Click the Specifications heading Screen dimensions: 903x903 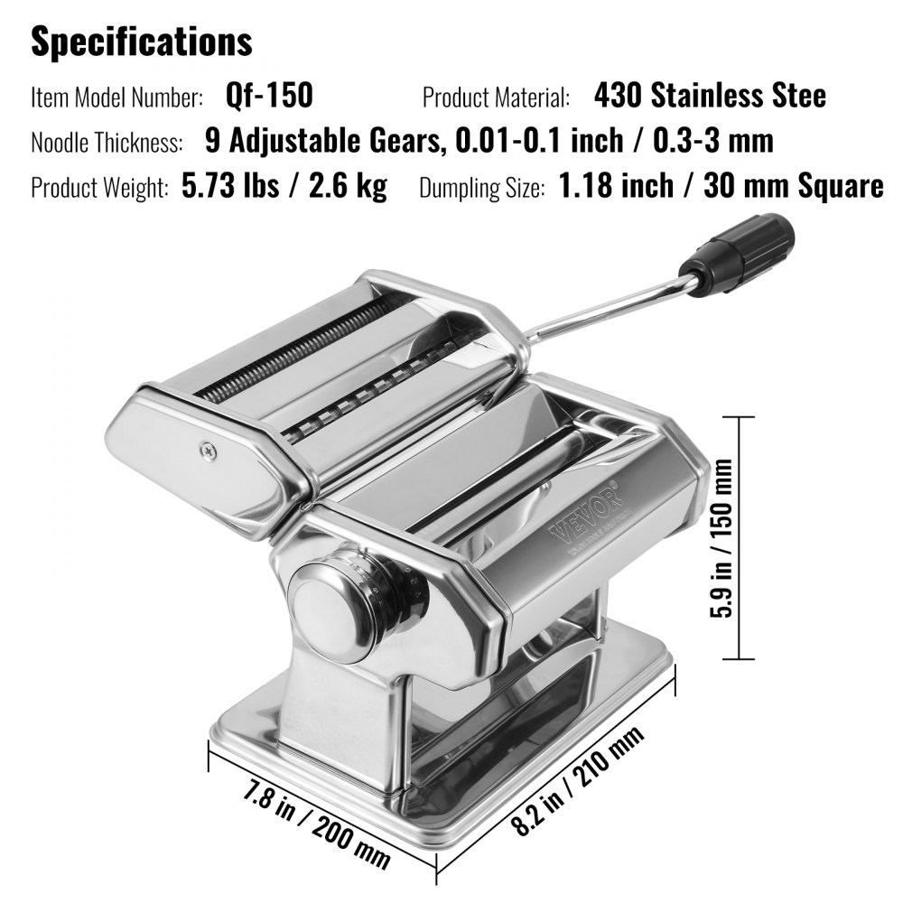click(142, 42)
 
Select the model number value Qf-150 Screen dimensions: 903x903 click(269, 95)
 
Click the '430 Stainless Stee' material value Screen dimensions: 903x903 click(710, 95)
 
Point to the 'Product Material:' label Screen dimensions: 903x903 click(496, 97)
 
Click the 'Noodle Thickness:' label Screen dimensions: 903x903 click(107, 142)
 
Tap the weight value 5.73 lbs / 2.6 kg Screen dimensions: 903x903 click(284, 186)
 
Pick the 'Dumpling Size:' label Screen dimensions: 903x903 click(482, 188)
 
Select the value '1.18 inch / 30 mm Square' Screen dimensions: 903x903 click(721, 186)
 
